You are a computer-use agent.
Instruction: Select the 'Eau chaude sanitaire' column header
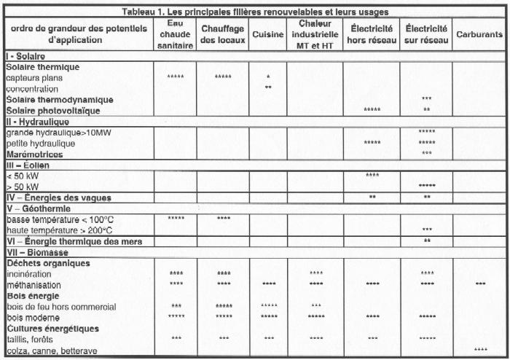(174, 34)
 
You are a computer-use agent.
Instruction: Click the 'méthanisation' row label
(34, 284)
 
